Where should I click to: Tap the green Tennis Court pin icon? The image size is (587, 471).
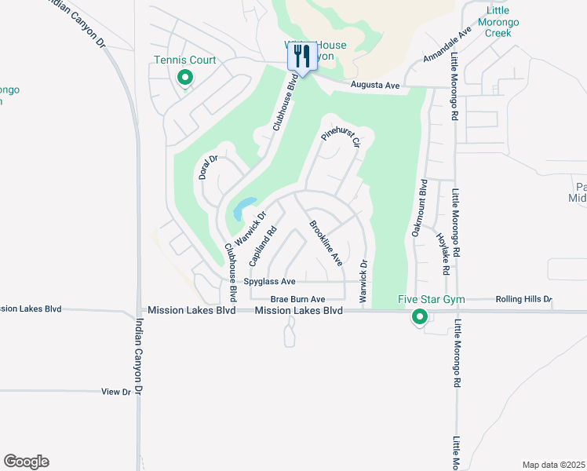pyautogui.click(x=185, y=77)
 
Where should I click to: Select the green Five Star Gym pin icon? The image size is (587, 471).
pyautogui.click(x=420, y=317)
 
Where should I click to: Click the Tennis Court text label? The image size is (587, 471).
pyautogui.click(x=185, y=60)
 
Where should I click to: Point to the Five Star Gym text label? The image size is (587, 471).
pyautogui.click(x=432, y=299)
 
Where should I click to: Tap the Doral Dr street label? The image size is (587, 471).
pyautogui.click(x=207, y=166)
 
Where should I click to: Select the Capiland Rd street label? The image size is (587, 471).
pyautogui.click(x=263, y=245)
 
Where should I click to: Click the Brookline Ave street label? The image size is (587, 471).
pyautogui.click(x=326, y=243)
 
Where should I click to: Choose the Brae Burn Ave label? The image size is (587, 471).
pyautogui.click(x=297, y=299)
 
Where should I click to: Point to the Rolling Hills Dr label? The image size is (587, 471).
pyautogui.click(x=524, y=299)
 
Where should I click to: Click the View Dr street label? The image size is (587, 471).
pyautogui.click(x=115, y=391)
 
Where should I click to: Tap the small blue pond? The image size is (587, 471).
pyautogui.click(x=243, y=208)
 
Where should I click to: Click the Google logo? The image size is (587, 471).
pyautogui.click(x=26, y=462)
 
